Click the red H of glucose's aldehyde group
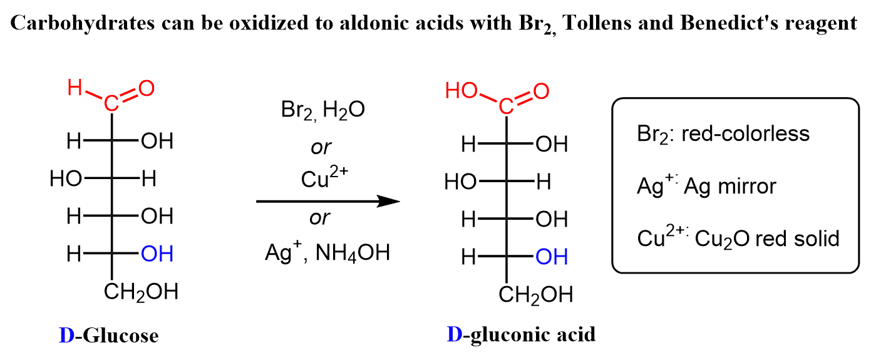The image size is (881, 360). coord(75,88)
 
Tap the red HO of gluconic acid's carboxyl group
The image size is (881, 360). coord(461,91)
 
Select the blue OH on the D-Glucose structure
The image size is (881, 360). coord(157,254)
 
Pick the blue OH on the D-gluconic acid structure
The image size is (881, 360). coord(552,257)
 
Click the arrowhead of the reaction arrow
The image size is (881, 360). coord(389,201)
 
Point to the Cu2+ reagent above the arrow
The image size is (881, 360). coord(324,177)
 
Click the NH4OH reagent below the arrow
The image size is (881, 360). coord(353,252)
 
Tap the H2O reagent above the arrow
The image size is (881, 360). coord(344,110)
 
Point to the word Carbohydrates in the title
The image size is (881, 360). coord(83,23)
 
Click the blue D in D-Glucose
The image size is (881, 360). coord(66,336)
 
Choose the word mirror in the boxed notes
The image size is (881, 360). coord(747,186)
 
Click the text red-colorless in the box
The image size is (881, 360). coord(745,134)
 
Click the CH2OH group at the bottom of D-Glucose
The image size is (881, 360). coord(141,292)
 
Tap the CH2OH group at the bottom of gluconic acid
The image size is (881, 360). coord(536,295)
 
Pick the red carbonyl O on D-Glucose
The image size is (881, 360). coord(147,88)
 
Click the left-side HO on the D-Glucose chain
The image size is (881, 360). coord(66,178)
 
